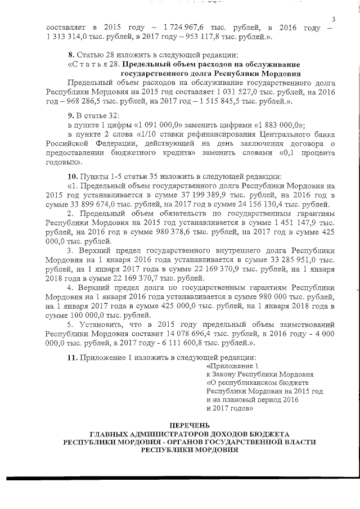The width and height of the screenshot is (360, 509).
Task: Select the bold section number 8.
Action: click(70, 55)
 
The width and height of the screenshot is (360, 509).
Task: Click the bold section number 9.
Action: click(70, 116)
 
